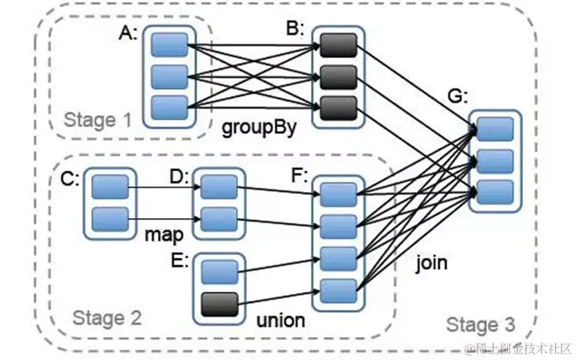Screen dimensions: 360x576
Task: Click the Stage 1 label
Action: (x=97, y=120)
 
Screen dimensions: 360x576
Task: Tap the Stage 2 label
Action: (x=107, y=317)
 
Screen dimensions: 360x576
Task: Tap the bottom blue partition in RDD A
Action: (x=170, y=106)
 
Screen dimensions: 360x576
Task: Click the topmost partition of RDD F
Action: (x=339, y=194)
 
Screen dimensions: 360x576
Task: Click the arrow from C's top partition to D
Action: (x=164, y=188)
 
